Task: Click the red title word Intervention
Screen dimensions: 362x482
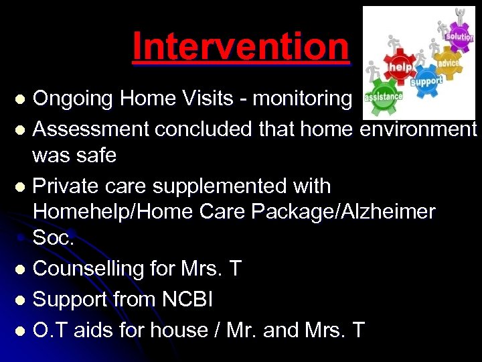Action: [x=240, y=46]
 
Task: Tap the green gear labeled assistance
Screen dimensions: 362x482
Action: [x=384, y=97]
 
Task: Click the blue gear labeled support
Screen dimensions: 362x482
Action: [x=426, y=82]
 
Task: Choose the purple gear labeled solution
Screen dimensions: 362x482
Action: [x=459, y=36]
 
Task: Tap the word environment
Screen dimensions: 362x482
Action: [x=418, y=127]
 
